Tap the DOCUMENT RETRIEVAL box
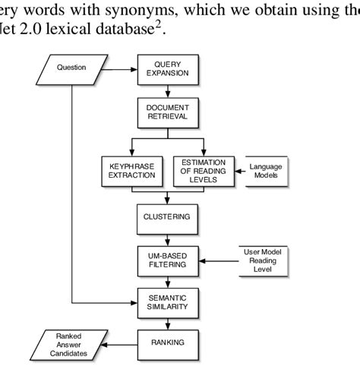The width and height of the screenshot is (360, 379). (167, 113)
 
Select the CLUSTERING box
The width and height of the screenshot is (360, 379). (167, 217)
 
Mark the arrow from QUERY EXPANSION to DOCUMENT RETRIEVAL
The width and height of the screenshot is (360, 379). (167, 91)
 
